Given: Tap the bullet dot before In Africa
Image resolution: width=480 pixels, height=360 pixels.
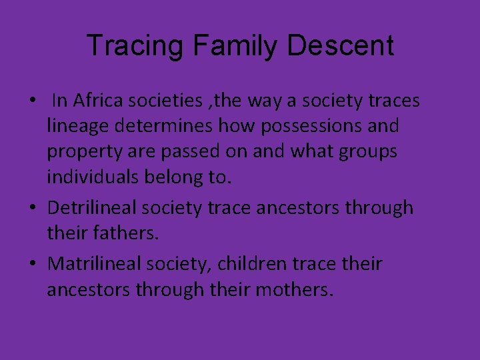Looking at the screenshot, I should coord(32,102).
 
